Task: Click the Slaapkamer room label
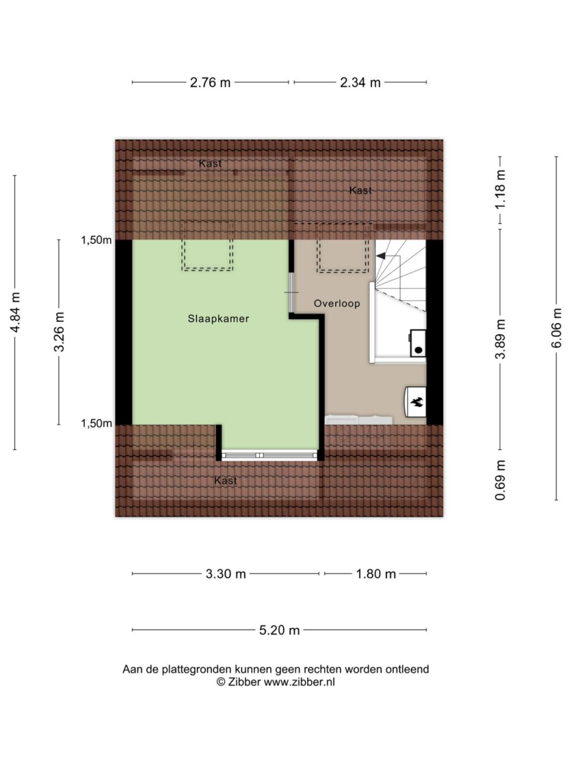(218, 319)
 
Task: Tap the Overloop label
(337, 304)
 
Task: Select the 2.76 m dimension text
(210, 83)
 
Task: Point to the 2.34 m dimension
(360, 83)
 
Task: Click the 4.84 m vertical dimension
(15, 312)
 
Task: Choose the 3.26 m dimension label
(59, 331)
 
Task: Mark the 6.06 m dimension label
(556, 328)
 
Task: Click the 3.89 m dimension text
(500, 339)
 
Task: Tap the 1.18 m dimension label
(500, 189)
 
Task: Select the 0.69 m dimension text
(500, 480)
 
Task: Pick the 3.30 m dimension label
(225, 574)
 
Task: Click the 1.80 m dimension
(375, 574)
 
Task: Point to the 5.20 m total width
(280, 631)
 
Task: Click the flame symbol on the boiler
(416, 402)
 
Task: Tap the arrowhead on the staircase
(380, 256)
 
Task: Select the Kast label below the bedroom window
(225, 481)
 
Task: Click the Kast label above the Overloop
(361, 190)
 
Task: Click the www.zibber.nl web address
(299, 682)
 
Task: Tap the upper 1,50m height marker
(96, 240)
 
